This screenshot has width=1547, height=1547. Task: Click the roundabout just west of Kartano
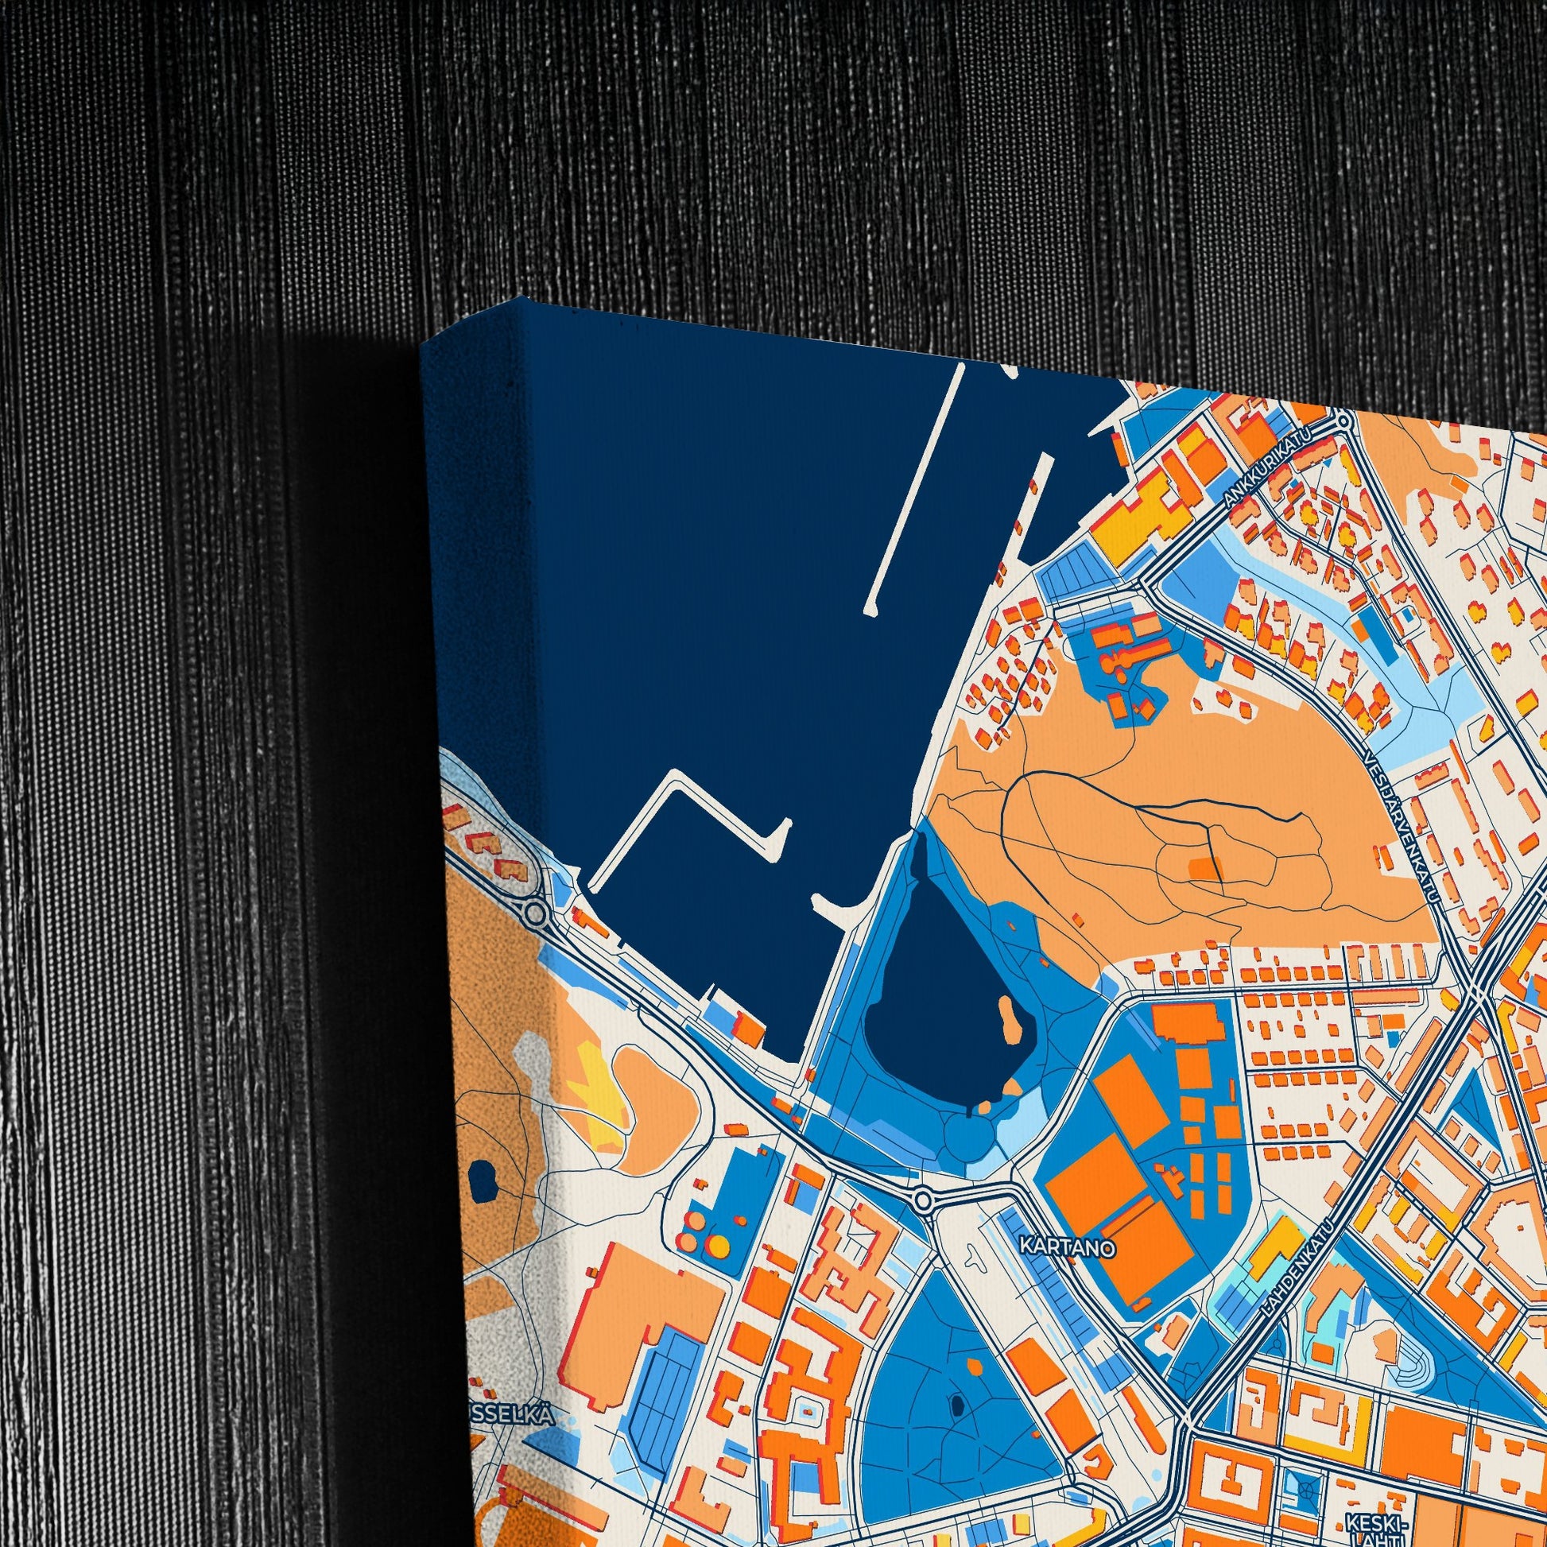tap(923, 1201)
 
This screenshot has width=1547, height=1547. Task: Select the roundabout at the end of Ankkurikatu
tap(1342, 419)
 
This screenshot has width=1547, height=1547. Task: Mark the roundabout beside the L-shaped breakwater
tap(536, 912)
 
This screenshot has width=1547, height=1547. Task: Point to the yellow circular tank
tap(721, 1247)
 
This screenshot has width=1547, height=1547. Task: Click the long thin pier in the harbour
tap(913, 488)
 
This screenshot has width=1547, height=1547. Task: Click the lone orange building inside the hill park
tap(1200, 868)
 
